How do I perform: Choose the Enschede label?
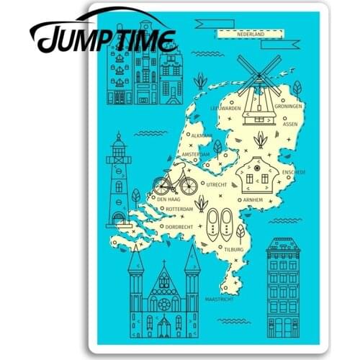[x=295, y=172]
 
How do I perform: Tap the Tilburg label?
[x=234, y=249]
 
